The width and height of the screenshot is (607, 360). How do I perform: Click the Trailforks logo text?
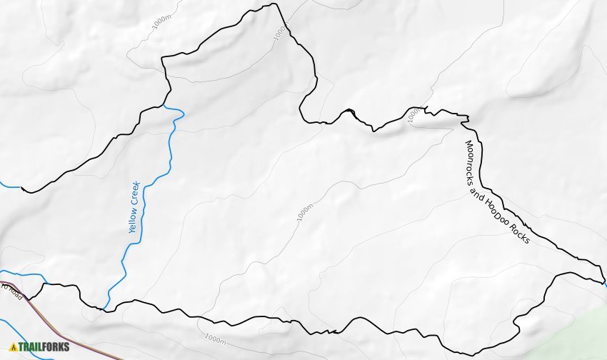[x=44, y=347]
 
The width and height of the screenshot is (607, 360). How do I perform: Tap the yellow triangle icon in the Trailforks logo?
[x=13, y=347]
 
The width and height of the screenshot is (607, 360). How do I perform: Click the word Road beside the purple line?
[x=14, y=292]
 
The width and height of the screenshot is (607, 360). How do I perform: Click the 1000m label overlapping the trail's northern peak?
[x=279, y=32]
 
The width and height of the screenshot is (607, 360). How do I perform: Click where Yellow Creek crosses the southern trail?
[x=105, y=309]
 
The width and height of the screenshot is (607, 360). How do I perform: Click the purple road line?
[x=71, y=339]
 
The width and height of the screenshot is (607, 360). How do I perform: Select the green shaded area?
[x=578, y=336]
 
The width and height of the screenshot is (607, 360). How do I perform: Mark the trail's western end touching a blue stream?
[x=22, y=189]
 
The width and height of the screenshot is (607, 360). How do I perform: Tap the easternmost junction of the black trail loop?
[x=603, y=281]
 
